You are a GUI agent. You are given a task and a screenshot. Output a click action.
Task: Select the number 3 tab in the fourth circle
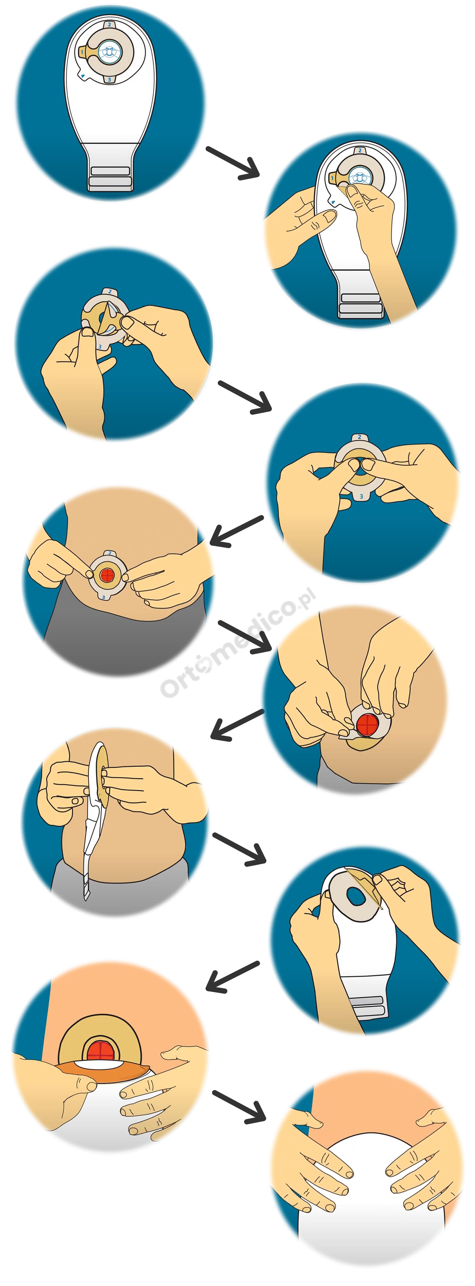tap(361, 496)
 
